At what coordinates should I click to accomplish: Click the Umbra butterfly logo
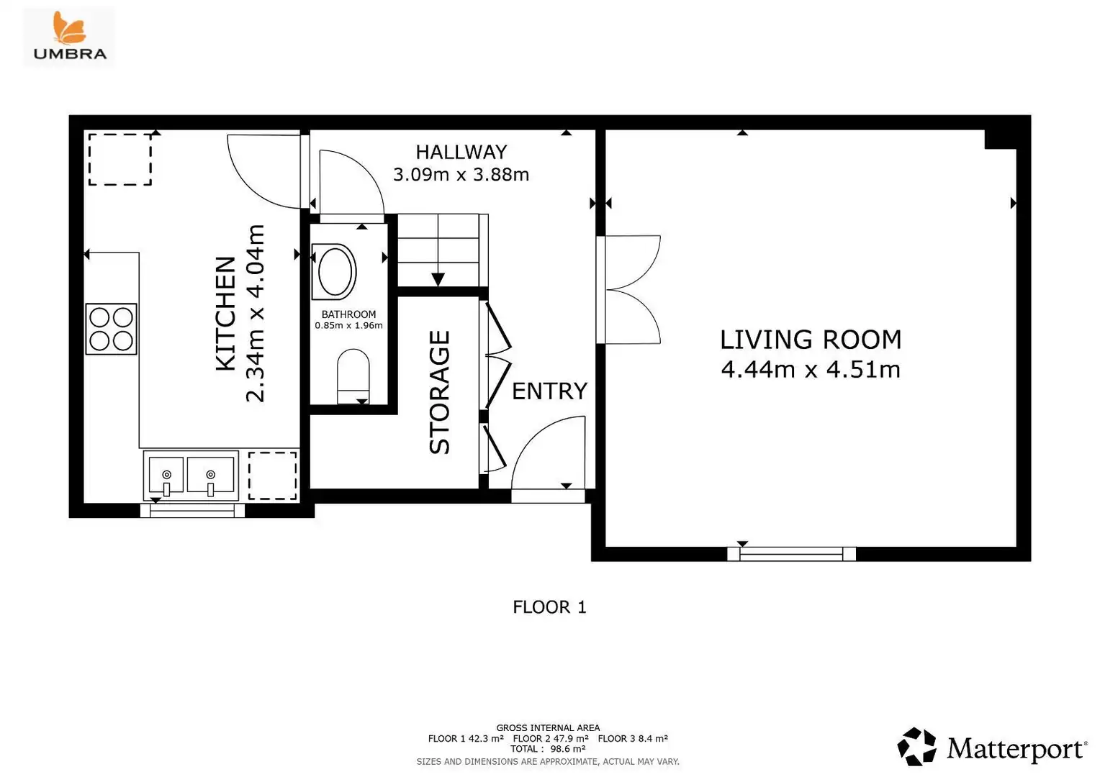pyautogui.click(x=70, y=29)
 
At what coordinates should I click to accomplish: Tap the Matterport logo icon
pyautogui.click(x=917, y=747)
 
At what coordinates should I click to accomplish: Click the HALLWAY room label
pyautogui.click(x=461, y=152)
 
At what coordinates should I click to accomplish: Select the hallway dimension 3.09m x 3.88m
pyautogui.click(x=461, y=175)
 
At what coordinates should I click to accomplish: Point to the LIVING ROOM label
pyautogui.click(x=811, y=340)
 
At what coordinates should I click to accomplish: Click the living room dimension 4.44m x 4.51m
pyautogui.click(x=811, y=370)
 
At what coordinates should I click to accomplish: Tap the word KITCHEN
pyautogui.click(x=226, y=314)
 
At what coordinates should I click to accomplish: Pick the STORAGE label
pyautogui.click(x=440, y=392)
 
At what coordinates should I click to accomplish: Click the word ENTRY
pyautogui.click(x=549, y=391)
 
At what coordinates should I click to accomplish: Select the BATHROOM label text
pyautogui.click(x=348, y=314)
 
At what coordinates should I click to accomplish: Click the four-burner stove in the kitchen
pyautogui.click(x=111, y=329)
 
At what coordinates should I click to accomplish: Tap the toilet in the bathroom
pyautogui.click(x=353, y=376)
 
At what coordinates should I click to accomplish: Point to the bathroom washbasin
pyautogui.click(x=335, y=271)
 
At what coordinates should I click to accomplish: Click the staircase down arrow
pyautogui.click(x=438, y=279)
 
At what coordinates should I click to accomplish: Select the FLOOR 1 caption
pyautogui.click(x=549, y=607)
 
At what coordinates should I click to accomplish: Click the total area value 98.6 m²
pyautogui.click(x=568, y=748)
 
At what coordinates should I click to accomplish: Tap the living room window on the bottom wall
pyautogui.click(x=791, y=554)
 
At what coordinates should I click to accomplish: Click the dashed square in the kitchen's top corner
pyautogui.click(x=120, y=160)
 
